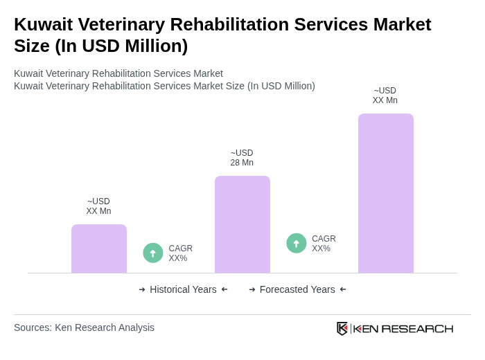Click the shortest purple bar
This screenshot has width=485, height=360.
(98, 249)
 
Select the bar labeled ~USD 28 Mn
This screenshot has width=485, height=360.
(242, 224)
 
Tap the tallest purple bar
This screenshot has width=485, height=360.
(385, 193)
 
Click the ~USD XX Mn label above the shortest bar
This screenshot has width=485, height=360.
(98, 206)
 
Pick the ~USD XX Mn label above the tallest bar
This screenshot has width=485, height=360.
(385, 96)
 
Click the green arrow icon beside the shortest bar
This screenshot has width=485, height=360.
(153, 253)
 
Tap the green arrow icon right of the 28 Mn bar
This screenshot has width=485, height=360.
(297, 243)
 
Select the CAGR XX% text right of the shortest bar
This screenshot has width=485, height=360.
(180, 253)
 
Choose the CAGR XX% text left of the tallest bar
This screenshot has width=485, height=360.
(324, 244)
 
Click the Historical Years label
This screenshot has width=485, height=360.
(183, 289)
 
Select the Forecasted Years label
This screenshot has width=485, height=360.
(297, 289)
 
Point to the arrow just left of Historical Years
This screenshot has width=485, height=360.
(142, 289)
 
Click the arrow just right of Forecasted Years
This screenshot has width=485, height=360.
(343, 289)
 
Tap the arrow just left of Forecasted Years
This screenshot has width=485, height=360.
(252, 289)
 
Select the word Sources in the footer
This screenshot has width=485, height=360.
(31, 327)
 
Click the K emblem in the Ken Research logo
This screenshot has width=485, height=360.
(342, 328)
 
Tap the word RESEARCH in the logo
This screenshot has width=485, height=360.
(417, 328)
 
